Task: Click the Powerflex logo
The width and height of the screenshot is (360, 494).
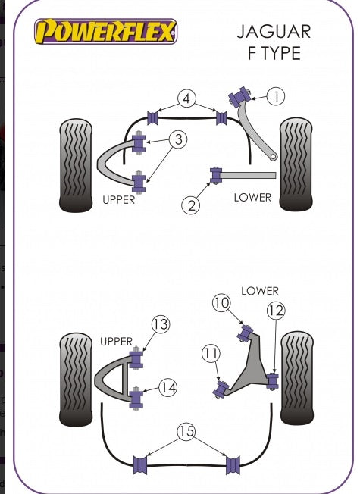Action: click(105, 31)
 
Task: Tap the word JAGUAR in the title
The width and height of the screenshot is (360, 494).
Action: click(274, 32)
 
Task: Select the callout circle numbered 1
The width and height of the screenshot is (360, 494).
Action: click(276, 96)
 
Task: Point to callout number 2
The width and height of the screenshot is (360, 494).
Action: click(191, 205)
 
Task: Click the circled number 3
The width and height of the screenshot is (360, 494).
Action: click(178, 139)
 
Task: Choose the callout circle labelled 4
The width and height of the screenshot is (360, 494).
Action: click(186, 98)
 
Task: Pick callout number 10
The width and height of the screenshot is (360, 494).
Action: click(221, 303)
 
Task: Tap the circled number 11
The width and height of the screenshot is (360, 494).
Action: click(211, 354)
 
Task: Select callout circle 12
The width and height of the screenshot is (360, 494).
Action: click(276, 311)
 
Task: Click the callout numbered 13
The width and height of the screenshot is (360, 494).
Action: click(161, 324)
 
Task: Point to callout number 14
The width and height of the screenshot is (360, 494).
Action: click(167, 387)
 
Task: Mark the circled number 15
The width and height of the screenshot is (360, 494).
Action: click(186, 431)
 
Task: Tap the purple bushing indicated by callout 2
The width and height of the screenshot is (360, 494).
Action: click(216, 176)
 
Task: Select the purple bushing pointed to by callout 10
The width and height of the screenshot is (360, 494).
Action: click(246, 333)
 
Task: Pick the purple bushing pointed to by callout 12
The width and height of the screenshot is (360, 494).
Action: click(272, 381)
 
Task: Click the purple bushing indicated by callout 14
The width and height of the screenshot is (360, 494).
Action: click(136, 398)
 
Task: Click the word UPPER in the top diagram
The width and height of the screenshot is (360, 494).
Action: click(118, 200)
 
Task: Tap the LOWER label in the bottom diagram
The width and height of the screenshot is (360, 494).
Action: click(260, 291)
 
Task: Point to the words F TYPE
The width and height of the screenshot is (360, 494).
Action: click(274, 53)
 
